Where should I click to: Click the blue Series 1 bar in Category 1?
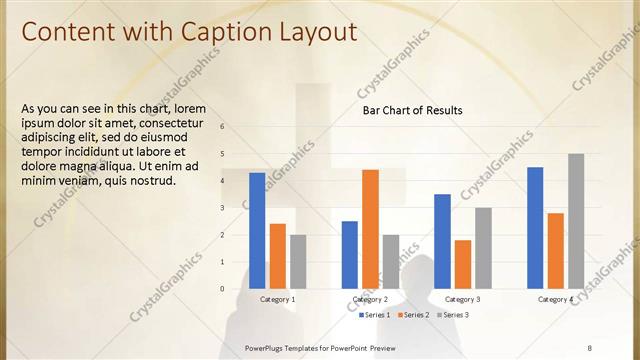[257, 230]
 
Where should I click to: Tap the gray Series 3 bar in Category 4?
[576, 221]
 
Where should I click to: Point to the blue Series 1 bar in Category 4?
[535, 227]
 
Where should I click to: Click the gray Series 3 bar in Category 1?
[298, 261]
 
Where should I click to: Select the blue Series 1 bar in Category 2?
[350, 254]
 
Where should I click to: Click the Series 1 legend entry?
[373, 315]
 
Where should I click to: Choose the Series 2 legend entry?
[413, 315]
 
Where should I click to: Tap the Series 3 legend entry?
[452, 315]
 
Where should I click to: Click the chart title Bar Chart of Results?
[412, 110]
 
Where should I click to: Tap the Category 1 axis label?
[277, 300]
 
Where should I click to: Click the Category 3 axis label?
[463, 300]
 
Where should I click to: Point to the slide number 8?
[590, 347]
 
